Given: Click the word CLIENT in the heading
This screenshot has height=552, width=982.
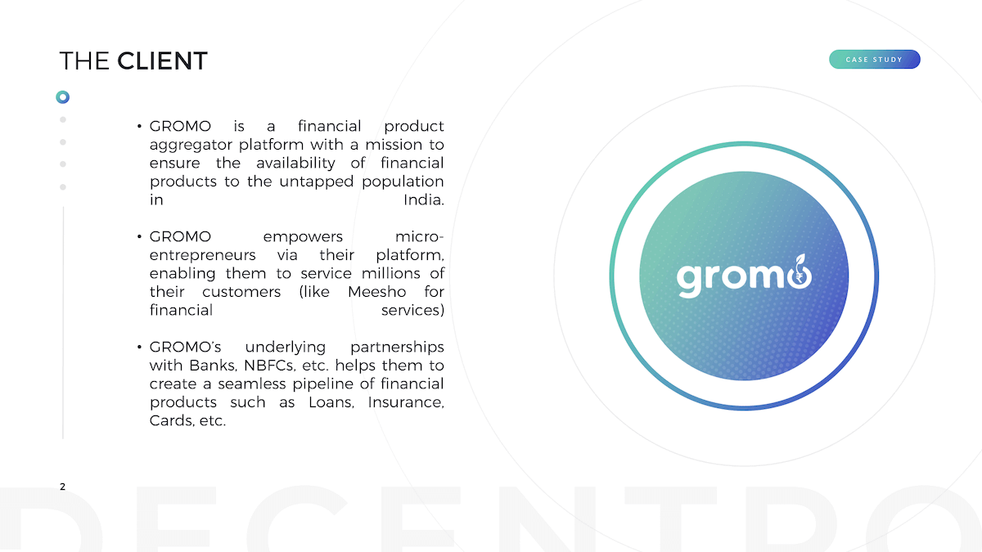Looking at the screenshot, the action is (x=162, y=61).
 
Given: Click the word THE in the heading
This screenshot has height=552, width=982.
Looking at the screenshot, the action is (x=84, y=61).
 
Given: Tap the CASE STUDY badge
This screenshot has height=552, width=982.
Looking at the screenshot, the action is (x=874, y=59).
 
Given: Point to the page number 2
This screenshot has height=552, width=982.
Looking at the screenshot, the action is (x=63, y=487).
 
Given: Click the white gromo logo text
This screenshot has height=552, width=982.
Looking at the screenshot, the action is (x=744, y=277).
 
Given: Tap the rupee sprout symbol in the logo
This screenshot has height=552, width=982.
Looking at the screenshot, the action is (x=800, y=272).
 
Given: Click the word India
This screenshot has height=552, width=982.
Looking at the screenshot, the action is (x=424, y=200).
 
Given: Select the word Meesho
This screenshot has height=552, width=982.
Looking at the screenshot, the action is (x=376, y=292).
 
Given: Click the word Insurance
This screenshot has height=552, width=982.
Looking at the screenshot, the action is (x=406, y=402).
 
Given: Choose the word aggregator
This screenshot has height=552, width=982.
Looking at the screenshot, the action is (x=190, y=146).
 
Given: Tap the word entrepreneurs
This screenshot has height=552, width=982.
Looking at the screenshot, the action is (x=202, y=256).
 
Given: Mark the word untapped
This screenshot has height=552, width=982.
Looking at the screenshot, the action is (x=316, y=182).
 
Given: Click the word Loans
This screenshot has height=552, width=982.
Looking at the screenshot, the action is (x=331, y=402).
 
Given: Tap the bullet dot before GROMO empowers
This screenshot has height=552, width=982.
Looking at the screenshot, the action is (x=139, y=236).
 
